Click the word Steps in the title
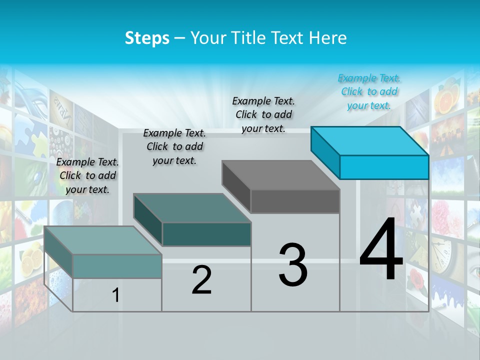pos(147,38)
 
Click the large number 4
pos(381,250)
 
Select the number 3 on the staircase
pos(293,265)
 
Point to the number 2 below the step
pos(201,280)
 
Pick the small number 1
pos(115,295)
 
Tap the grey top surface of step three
pos(280,175)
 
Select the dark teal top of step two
pos(192,208)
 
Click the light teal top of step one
pos(103,240)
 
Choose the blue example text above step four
pos(369,91)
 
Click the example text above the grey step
pos(263,114)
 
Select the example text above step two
pos(174,146)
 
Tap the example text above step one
pos(87,175)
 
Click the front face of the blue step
pos(384,167)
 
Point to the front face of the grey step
pos(295,201)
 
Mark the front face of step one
pos(117,266)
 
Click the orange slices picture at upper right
pos(445,99)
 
